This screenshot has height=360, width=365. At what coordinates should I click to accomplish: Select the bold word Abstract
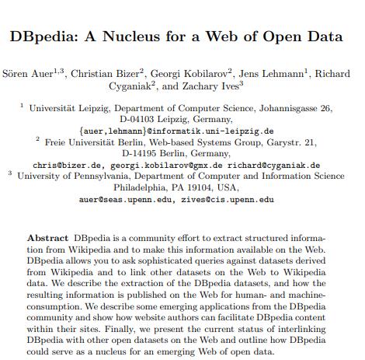(x=49, y=237)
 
